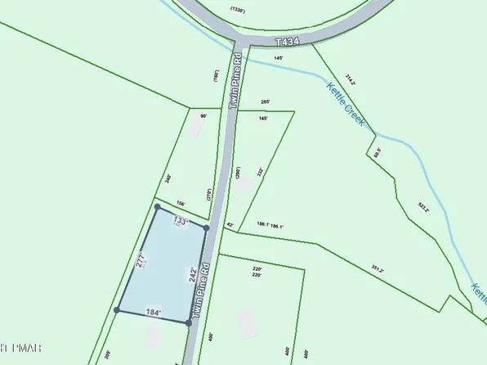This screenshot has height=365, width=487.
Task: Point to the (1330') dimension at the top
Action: (x=238, y=9)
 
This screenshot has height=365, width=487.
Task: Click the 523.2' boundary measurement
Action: (x=423, y=209)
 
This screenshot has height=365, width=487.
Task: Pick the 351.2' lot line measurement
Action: (x=378, y=268)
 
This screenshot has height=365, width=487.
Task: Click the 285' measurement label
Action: (x=264, y=101)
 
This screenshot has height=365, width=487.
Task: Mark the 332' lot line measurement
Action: (x=260, y=173)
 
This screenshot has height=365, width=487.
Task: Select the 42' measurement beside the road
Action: (x=230, y=224)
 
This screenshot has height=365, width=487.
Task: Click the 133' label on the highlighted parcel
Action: (x=180, y=221)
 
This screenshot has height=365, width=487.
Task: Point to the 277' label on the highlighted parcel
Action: (x=141, y=260)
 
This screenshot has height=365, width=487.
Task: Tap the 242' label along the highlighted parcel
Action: (x=193, y=274)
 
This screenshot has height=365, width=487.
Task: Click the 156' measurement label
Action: (x=181, y=204)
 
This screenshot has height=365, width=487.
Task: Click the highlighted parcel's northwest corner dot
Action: (x=157, y=208)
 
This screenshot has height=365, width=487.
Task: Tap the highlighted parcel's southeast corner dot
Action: (x=189, y=323)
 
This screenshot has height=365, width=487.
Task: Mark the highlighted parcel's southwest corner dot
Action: (x=117, y=309)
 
